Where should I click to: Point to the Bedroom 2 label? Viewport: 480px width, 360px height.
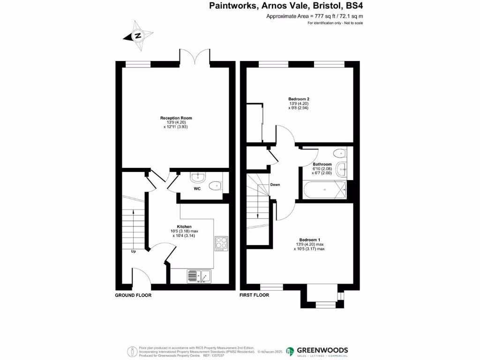tap(299, 99)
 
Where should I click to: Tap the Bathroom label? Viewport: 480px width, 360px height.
tap(322, 164)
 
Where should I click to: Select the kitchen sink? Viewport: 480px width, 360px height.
tap(200, 277)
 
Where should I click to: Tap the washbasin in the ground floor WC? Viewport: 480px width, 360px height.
tap(198, 176)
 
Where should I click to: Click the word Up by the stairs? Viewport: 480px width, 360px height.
tap(133, 251)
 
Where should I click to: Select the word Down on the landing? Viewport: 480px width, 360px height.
tap(275, 185)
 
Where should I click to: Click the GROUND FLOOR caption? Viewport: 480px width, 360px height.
tap(133, 295)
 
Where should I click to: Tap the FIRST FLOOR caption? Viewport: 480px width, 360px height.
tap(255, 295)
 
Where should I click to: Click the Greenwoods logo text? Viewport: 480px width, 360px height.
tap(322, 350)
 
